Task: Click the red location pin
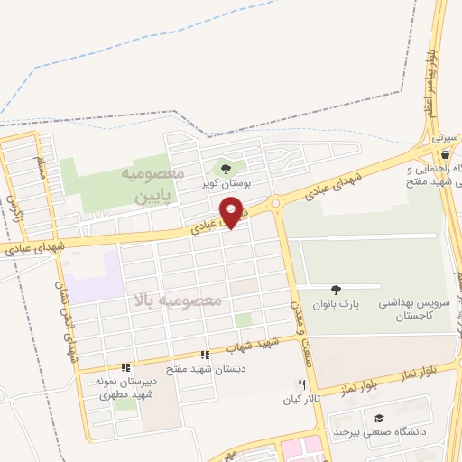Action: tap(233, 212)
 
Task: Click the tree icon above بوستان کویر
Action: tap(226, 168)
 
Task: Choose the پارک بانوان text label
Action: tap(337, 305)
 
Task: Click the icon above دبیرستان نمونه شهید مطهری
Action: tap(125, 367)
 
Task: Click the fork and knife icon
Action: tap(301, 384)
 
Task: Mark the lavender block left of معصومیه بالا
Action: tap(95, 278)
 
